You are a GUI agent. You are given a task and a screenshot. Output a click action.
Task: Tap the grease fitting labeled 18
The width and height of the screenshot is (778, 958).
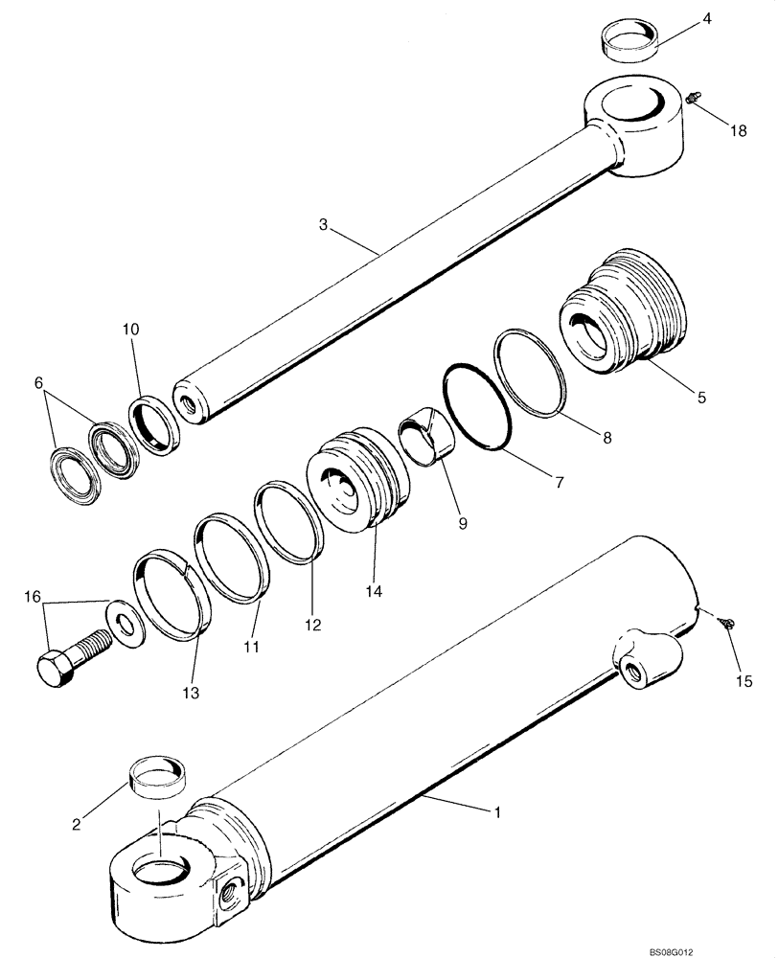(696, 97)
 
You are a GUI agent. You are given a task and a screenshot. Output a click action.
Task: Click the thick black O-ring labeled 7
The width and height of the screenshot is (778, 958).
(477, 406)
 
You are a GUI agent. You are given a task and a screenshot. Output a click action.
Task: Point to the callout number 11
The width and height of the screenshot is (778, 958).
(252, 649)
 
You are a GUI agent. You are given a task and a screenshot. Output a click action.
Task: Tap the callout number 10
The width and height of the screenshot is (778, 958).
(130, 329)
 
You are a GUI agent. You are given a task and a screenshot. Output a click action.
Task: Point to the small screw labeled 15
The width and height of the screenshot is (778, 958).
(729, 625)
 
